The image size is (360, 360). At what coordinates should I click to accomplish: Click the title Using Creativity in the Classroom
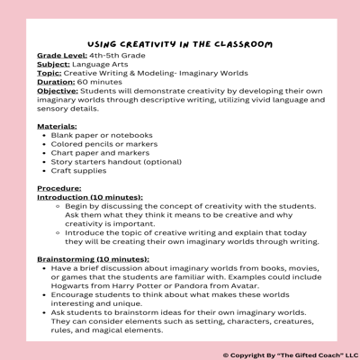pyautogui.click(x=180, y=43)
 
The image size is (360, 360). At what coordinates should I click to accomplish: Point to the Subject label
pyautogui.click(x=54, y=65)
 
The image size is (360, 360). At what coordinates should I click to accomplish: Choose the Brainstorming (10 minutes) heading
pyautogui.click(x=93, y=259)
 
